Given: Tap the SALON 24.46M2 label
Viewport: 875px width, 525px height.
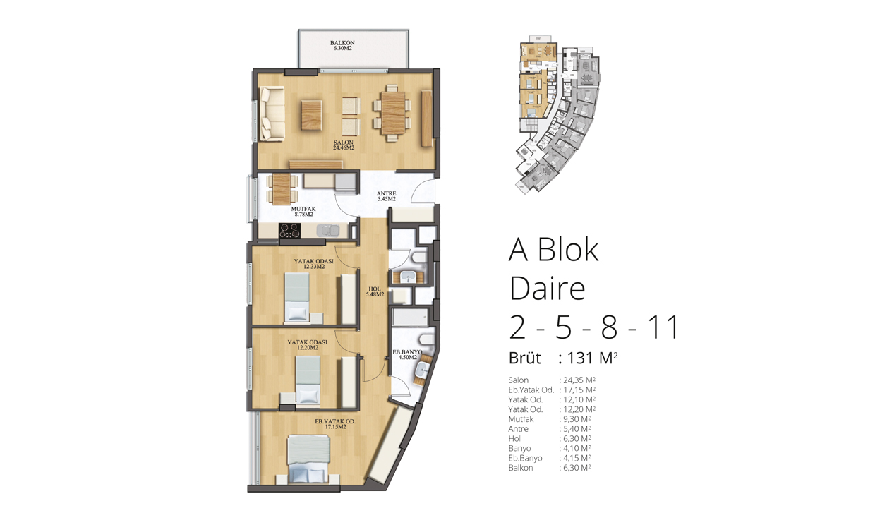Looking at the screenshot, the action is [344, 145].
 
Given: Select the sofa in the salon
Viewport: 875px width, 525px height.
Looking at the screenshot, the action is [272, 114].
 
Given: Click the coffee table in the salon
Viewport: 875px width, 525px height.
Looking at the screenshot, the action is [312, 115].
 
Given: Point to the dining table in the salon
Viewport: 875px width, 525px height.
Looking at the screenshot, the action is [393, 114].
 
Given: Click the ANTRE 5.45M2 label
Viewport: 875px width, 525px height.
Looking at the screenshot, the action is [386, 196].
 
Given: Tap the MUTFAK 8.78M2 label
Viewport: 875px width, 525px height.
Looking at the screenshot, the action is [303, 212].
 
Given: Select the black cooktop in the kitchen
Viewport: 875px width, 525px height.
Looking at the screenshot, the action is [289, 230].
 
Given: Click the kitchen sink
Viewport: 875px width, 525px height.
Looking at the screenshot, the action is [327, 230].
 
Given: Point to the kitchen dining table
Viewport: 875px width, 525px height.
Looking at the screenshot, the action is [282, 189].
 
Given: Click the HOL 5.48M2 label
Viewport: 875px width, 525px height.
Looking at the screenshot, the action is [375, 292].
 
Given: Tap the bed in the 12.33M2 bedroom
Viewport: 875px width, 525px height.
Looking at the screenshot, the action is [297, 297].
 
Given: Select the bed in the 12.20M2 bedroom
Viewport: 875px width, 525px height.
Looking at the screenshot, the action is [308, 380].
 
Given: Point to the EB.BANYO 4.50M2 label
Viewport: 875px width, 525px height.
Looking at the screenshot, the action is [407, 355].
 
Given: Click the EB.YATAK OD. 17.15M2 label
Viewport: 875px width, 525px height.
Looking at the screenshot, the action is [335, 424].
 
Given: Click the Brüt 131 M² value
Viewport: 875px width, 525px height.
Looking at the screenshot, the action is [592, 358].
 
